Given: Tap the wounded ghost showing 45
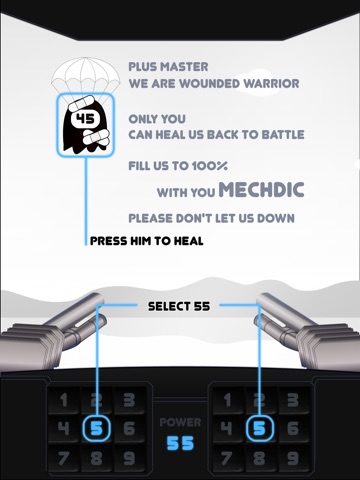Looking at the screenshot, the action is tap(86, 125).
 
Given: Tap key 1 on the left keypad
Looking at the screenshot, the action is tap(64, 400).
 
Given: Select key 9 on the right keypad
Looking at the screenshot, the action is tap(293, 458).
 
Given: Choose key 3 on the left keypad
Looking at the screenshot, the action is tap(129, 400).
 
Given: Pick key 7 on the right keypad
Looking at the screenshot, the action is tap(227, 458).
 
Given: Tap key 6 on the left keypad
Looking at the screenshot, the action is tap(129, 429).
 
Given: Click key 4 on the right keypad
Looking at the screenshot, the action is tap(227, 429).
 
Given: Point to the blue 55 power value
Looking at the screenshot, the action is tap(180, 443).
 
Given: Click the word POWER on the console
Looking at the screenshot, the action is tap(180, 422).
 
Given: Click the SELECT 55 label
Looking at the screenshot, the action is tap(179, 306).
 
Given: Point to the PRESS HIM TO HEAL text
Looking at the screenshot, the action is tap(147, 241).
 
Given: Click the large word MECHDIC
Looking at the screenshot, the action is tap(261, 190).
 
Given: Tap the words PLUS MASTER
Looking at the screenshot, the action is tap(168, 67).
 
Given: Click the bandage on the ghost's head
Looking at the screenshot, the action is tap(82, 103).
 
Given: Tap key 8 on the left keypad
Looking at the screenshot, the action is tap(96, 458).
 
